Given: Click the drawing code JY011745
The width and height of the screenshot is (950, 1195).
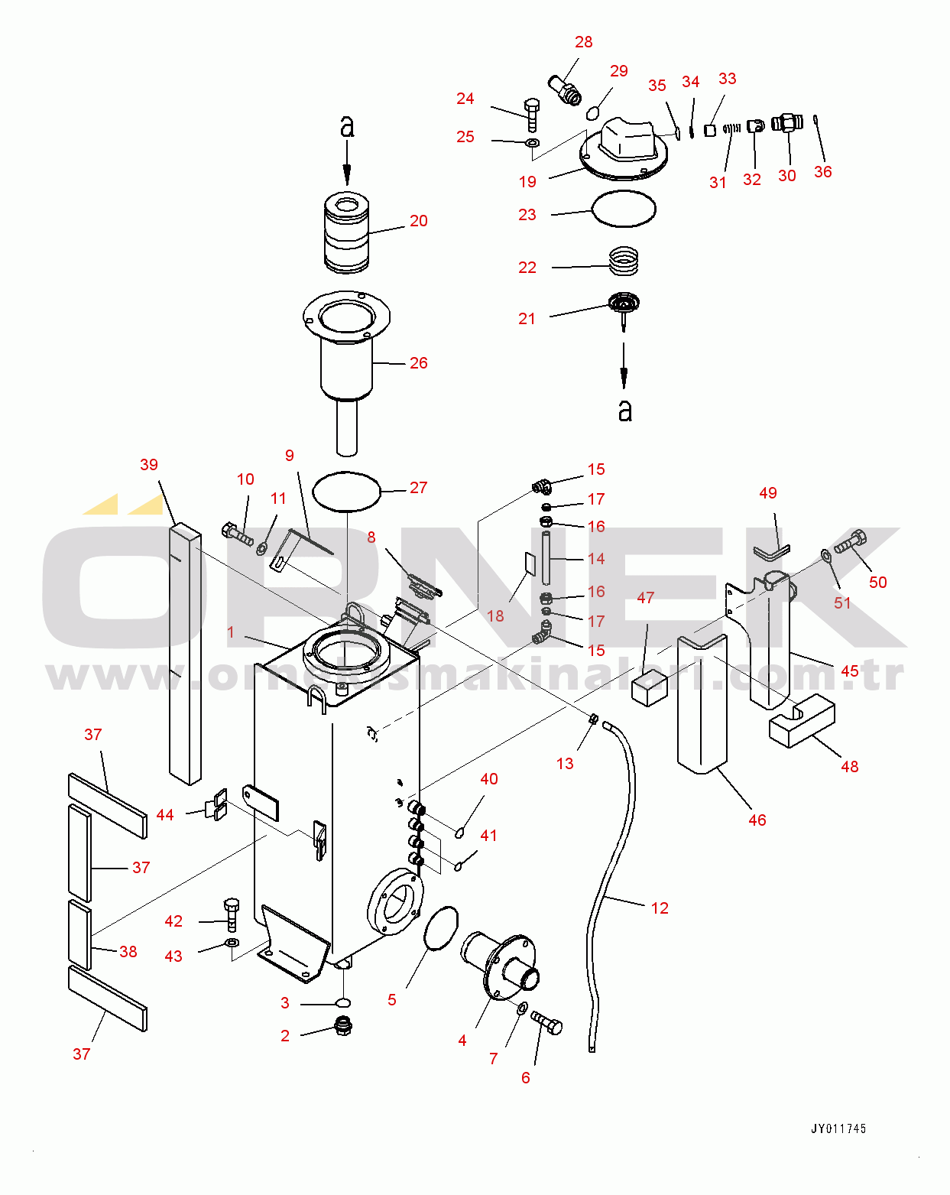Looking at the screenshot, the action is [x=838, y=1128].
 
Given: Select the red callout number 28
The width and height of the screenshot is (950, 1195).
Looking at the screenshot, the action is [x=584, y=42].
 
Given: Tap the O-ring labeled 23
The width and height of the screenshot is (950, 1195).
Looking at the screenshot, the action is [x=624, y=209].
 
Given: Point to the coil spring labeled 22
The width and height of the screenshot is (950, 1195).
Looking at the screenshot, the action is [x=624, y=261].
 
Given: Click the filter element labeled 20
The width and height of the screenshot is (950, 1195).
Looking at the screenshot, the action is [x=346, y=232].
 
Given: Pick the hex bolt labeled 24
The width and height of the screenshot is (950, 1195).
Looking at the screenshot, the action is [x=532, y=115].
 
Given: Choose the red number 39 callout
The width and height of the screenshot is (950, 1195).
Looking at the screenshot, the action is [x=149, y=465].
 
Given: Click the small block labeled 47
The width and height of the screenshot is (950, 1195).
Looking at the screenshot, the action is [x=649, y=687].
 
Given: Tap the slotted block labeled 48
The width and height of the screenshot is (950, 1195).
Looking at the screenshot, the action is [x=802, y=720].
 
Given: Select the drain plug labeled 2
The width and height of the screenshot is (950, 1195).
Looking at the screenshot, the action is [x=344, y=1025].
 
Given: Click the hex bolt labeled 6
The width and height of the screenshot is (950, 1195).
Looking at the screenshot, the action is [x=547, y=1022].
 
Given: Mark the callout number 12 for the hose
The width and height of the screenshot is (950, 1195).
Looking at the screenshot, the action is [x=660, y=908].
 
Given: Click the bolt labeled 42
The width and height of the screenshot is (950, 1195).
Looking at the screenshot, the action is [x=232, y=914].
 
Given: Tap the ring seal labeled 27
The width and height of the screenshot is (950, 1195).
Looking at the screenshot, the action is [x=347, y=492].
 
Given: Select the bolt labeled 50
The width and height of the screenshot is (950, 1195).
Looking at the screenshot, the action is [x=850, y=541].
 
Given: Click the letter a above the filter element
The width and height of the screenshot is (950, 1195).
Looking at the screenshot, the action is [x=347, y=127].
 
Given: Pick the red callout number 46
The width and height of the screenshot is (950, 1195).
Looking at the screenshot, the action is [x=757, y=820].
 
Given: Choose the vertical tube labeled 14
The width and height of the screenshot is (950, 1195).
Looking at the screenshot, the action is [x=546, y=558].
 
